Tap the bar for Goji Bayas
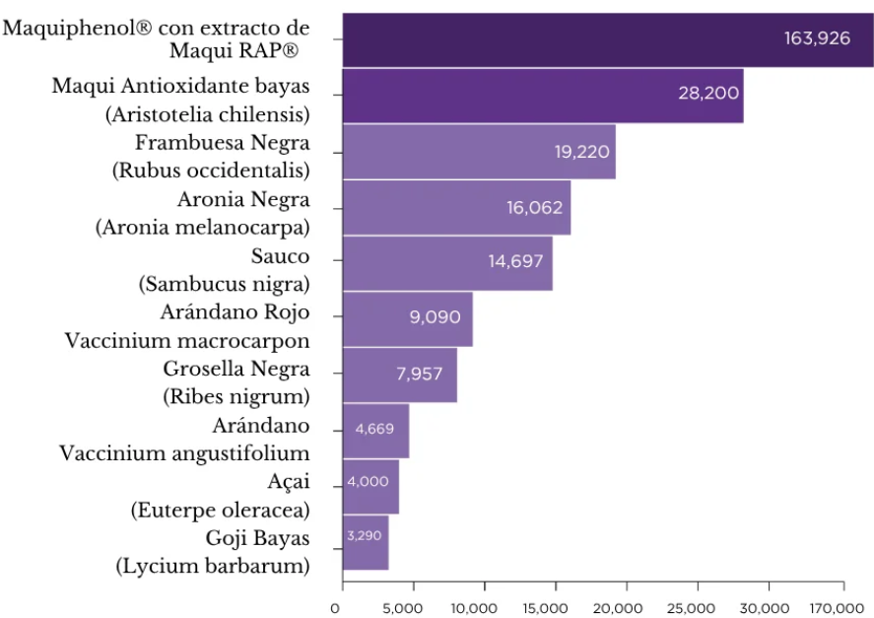click(365, 542)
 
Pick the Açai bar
click(370, 486)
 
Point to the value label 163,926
click(817, 39)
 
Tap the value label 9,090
click(435, 317)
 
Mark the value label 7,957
click(420, 374)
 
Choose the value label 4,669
click(374, 429)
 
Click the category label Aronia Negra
click(243, 200)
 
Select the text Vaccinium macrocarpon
click(187, 341)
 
